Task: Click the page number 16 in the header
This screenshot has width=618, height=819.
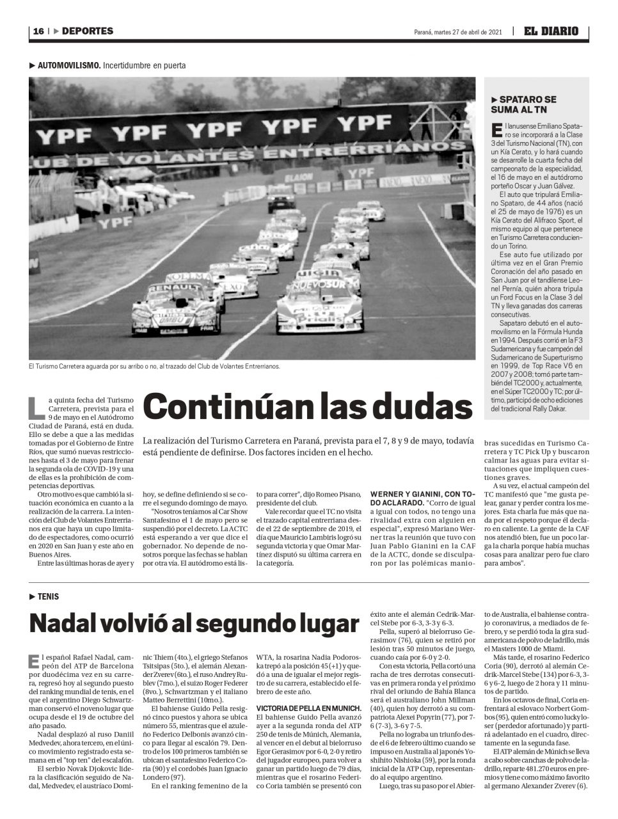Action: coord(38,31)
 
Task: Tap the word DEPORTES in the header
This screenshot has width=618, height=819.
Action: coord(88,31)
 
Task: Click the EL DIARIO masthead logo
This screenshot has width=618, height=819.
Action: coord(551,31)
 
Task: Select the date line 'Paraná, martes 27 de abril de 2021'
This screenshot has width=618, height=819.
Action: coord(458,32)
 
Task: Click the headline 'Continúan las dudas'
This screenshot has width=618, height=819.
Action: coord(308,407)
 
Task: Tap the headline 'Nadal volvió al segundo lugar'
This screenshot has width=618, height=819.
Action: coord(194,623)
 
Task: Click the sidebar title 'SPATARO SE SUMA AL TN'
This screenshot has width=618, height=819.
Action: coord(523,105)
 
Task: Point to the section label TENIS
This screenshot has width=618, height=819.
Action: coord(48,596)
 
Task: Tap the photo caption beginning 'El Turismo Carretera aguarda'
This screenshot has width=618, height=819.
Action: coord(154,367)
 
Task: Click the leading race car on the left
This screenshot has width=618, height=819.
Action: coord(176,310)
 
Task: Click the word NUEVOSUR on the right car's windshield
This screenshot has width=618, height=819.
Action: coord(316,283)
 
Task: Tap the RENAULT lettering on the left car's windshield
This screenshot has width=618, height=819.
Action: coord(173,287)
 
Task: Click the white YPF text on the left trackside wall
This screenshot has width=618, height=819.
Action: coord(116,222)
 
